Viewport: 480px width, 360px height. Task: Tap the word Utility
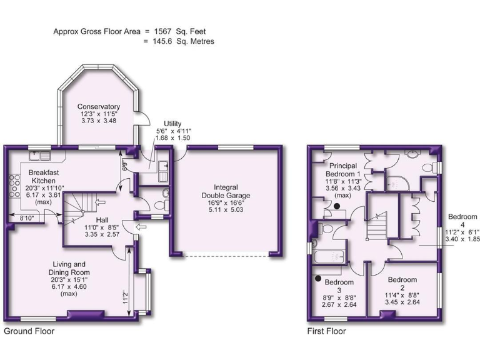coord(172,123)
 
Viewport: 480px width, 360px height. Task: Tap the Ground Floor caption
coord(29,331)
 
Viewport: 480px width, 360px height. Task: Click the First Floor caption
coord(326,331)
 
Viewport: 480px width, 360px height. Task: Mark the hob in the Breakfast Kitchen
coord(13,184)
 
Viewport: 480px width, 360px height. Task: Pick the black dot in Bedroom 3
coord(319,279)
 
